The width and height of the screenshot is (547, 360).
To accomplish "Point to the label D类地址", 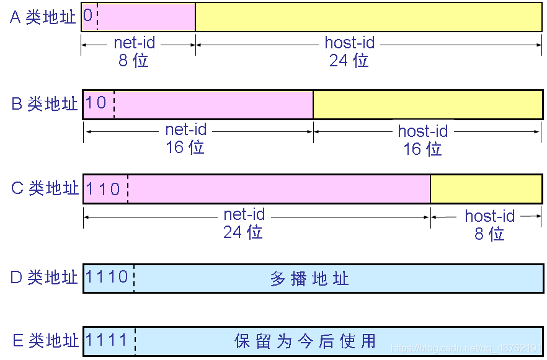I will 44,277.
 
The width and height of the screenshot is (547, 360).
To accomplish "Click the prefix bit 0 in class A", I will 88,15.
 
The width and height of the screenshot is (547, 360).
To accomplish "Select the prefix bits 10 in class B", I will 96,102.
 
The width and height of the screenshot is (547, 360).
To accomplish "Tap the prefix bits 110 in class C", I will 103,188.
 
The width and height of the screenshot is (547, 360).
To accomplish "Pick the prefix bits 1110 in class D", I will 107,277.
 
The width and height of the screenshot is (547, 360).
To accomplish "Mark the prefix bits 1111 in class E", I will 107,340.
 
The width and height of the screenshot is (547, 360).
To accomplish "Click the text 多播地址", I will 309,278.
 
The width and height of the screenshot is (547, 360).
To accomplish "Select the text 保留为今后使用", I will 305,341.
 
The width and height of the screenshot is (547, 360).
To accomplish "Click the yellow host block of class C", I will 486,188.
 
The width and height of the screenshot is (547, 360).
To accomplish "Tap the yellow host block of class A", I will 368,17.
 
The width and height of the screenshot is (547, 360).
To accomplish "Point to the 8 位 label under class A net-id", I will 133,60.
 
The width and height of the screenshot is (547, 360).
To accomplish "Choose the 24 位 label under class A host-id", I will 349,60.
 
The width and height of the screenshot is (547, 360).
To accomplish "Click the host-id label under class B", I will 423,131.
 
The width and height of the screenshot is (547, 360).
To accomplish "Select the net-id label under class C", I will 244,215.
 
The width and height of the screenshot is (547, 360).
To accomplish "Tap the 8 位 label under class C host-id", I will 489,234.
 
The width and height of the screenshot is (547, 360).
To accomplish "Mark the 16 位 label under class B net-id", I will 185,147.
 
